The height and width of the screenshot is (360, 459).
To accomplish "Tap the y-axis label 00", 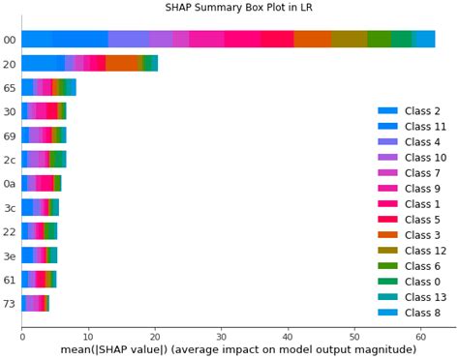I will click(x=9, y=40).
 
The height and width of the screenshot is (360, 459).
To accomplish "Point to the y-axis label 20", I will click(x=9, y=64).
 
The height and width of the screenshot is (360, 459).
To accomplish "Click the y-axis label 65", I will click(x=9, y=87).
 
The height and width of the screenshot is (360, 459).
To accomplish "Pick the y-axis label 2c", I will click(x=9, y=160).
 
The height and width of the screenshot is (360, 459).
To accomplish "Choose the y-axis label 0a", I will click(x=9, y=183).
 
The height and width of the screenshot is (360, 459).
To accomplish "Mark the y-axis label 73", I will click(x=9, y=304).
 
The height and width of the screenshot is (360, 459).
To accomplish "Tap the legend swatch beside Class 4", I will click(x=387, y=142).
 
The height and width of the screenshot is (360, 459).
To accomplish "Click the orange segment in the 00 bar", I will click(x=312, y=39).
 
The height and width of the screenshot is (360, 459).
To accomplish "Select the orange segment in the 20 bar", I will click(x=121, y=63).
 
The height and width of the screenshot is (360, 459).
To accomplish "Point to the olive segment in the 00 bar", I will click(x=349, y=39).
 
